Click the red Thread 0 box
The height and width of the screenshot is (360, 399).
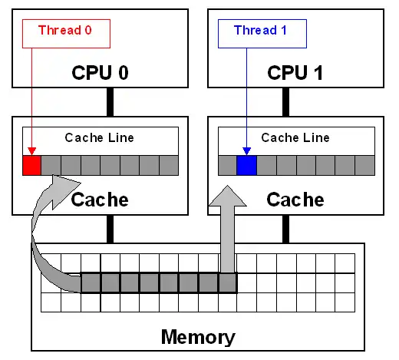click(x=66, y=31)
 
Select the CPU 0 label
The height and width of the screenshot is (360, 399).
click(x=101, y=73)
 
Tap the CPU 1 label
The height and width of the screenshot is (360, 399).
click(x=296, y=73)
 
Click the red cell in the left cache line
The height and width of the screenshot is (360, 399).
click(x=31, y=165)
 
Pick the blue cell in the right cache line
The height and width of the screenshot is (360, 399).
click(x=246, y=165)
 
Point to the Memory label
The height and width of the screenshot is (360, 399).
click(x=198, y=336)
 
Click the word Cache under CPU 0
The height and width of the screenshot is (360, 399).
click(x=100, y=200)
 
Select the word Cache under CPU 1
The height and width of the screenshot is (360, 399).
click(x=295, y=200)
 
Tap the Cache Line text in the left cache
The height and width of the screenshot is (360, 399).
click(x=100, y=138)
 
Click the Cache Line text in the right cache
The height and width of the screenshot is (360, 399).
click(x=295, y=138)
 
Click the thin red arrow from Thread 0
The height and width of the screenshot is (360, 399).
click(x=31, y=100)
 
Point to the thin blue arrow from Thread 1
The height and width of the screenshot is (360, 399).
click(x=246, y=100)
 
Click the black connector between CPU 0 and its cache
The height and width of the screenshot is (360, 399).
click(x=110, y=101)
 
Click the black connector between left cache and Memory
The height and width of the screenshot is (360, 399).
click(x=110, y=229)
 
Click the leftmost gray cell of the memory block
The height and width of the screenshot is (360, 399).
click(x=91, y=282)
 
